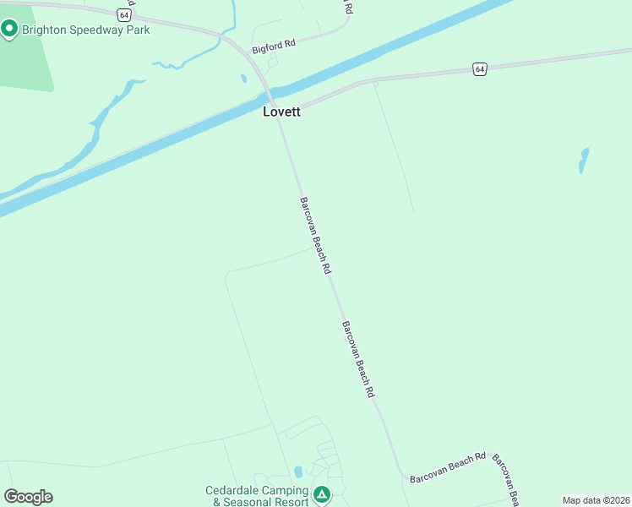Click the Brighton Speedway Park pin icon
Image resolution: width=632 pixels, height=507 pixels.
pos(9,30)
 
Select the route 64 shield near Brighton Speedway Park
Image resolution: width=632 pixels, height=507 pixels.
pos(124,14)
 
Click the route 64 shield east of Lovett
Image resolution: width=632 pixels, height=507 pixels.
pos(479,68)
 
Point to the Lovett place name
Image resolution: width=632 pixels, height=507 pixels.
pos(281,111)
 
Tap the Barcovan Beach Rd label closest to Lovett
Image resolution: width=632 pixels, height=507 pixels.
pos(314,235)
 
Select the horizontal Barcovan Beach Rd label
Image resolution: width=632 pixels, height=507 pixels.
pos(448,467)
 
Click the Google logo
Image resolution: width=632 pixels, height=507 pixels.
pos(28,497)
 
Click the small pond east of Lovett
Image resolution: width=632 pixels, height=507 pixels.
pos(582,160)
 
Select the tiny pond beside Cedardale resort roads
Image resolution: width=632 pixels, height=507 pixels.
pos(297,472)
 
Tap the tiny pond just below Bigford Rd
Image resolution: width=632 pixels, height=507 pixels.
pos(243,79)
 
